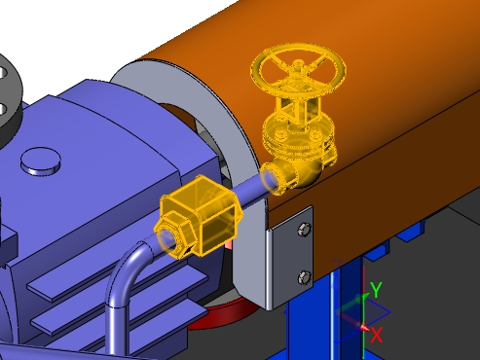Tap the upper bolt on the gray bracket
[x=305, y=229]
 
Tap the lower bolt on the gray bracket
[x=305, y=277]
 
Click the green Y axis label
[x=376, y=290]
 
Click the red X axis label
[x=377, y=335]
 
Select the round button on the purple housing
[x=41, y=161]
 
